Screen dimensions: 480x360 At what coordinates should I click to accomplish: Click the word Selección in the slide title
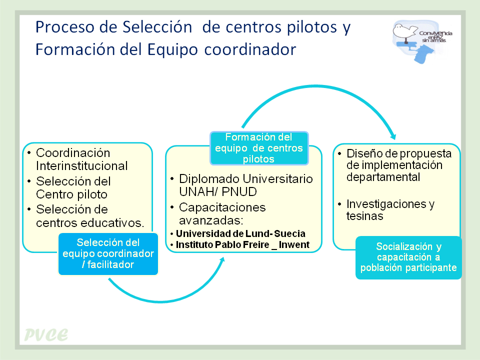pyautogui.click(x=157, y=27)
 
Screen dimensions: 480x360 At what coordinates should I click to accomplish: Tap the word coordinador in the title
pyautogui.click(x=250, y=49)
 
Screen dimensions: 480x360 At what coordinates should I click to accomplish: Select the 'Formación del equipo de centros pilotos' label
pyautogui.click(x=259, y=148)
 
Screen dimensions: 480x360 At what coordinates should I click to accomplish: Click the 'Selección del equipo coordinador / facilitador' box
pyautogui.click(x=108, y=254)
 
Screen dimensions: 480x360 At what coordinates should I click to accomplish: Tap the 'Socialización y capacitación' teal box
pyautogui.click(x=408, y=257)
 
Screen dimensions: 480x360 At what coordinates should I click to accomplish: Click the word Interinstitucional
pyautogui.click(x=81, y=166)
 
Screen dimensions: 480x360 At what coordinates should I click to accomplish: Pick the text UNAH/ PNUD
pyautogui.click(x=218, y=192)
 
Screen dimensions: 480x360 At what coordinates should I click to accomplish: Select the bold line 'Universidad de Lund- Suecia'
pyautogui.click(x=240, y=234)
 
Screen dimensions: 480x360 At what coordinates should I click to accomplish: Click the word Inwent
pyautogui.click(x=294, y=245)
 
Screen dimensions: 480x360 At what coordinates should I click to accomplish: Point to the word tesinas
pyautogui.click(x=364, y=216)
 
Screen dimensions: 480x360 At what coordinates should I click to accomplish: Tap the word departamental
pyautogui.click(x=383, y=177)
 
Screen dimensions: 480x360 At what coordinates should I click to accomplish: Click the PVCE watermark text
pyautogui.click(x=46, y=334)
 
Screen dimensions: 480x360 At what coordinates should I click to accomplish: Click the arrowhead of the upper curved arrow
pyautogui.click(x=393, y=137)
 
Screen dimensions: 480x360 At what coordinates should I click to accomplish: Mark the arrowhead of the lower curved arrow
pyautogui.click(x=222, y=260)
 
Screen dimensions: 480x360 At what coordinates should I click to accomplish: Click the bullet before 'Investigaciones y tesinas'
pyautogui.click(x=339, y=204)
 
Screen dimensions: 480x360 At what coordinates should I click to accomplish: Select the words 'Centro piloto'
pyautogui.click(x=71, y=194)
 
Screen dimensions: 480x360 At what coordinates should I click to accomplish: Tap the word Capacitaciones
pyautogui.click(x=222, y=207)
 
